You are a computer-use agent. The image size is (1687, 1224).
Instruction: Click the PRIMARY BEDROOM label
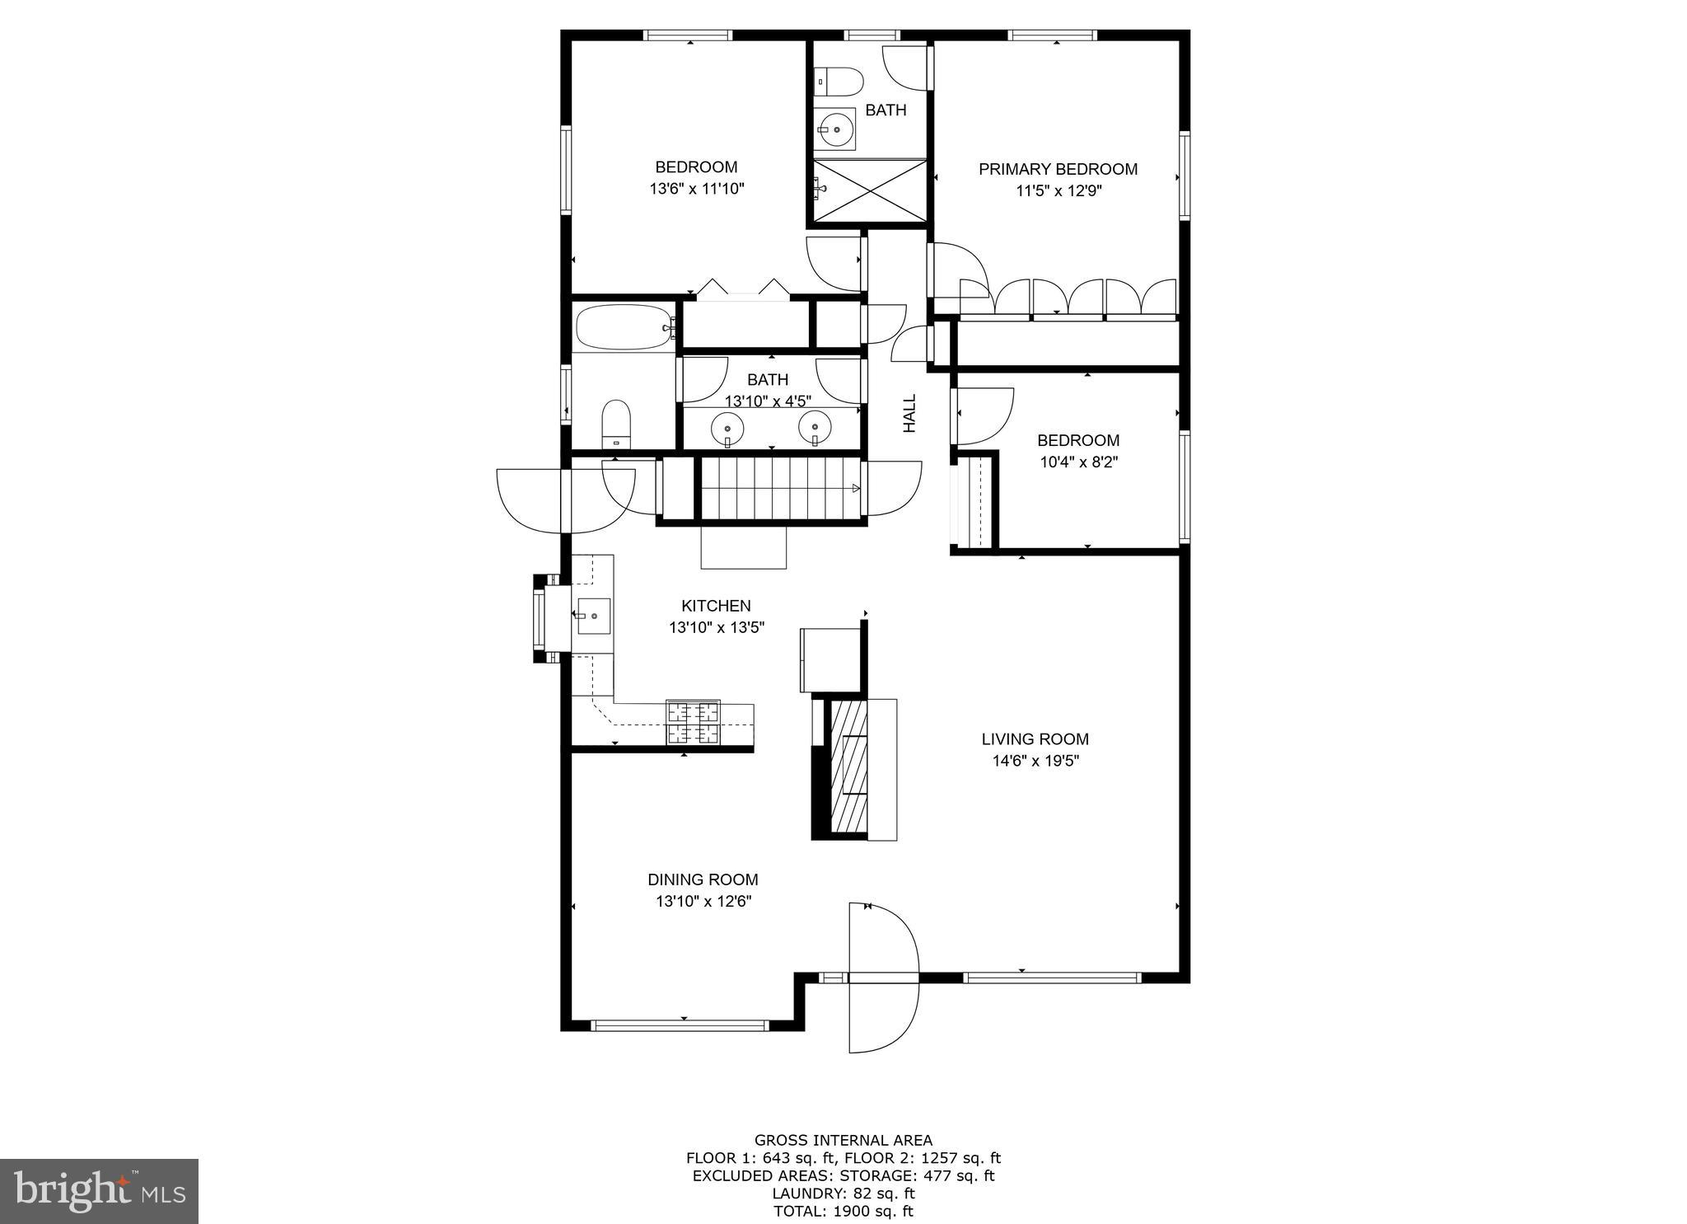(x=1058, y=169)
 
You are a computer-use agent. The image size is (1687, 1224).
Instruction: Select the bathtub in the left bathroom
(x=624, y=327)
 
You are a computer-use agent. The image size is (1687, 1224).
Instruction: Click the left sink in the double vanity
(x=727, y=428)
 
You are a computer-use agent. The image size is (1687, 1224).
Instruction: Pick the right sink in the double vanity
(x=815, y=426)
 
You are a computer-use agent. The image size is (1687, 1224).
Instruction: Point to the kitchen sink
(x=593, y=616)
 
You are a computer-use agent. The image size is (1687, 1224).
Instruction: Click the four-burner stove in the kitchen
(x=693, y=722)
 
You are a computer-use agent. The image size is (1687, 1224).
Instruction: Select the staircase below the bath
(x=778, y=489)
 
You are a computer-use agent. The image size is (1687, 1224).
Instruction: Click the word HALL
(x=909, y=413)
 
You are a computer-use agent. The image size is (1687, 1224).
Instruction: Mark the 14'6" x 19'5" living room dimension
(x=1035, y=761)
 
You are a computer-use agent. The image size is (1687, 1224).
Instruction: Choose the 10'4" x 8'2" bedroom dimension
(x=1078, y=462)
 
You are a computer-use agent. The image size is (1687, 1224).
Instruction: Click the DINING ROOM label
(x=703, y=879)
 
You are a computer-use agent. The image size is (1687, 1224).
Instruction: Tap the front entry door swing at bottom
(x=883, y=978)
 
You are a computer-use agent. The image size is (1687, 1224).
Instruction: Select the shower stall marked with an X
(x=870, y=190)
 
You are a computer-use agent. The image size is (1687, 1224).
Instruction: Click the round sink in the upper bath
(x=836, y=129)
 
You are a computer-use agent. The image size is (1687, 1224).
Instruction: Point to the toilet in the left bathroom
(x=615, y=423)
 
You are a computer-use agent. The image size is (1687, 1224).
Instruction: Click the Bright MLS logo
(x=99, y=1191)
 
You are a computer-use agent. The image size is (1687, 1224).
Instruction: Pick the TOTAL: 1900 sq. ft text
(x=843, y=1211)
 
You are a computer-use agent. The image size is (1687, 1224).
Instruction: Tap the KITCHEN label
(x=716, y=606)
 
